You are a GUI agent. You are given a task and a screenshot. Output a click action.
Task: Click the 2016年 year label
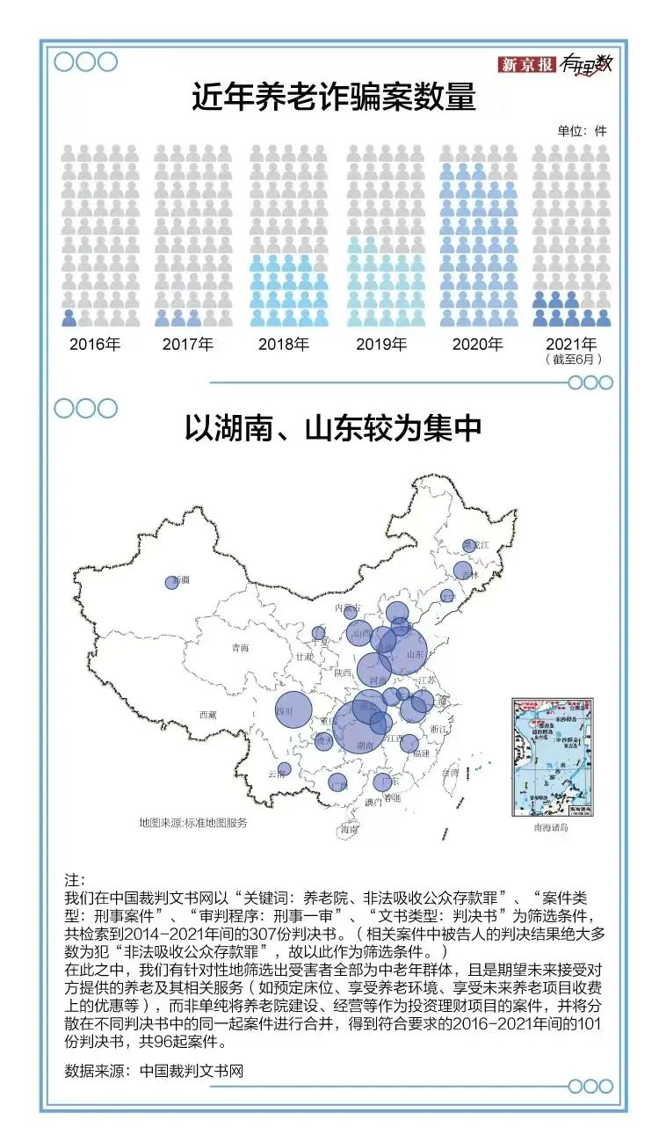[95, 345]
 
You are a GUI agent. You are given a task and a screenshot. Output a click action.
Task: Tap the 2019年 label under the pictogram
[381, 345]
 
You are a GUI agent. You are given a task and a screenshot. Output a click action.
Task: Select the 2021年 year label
[571, 345]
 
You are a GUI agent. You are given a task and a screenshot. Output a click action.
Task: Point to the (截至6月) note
[573, 360]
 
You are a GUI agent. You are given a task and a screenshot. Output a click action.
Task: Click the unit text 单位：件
[581, 131]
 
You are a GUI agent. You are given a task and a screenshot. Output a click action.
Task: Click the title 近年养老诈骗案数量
[334, 97]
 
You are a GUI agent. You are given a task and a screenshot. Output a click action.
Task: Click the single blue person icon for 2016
[69, 318]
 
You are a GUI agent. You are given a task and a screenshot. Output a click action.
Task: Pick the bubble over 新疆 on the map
[171, 582]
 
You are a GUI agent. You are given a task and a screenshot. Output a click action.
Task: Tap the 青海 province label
[240, 648]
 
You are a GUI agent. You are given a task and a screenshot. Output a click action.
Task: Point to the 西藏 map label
[207, 715]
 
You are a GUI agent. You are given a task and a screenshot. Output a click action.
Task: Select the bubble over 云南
[284, 769]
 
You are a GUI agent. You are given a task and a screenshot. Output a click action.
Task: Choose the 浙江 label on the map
[438, 729]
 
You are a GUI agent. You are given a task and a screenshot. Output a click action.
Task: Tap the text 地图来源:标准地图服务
[192, 823]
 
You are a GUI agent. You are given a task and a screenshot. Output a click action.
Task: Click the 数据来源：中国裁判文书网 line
[154, 1072]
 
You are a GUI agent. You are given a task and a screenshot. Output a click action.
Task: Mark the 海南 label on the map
[350, 829]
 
